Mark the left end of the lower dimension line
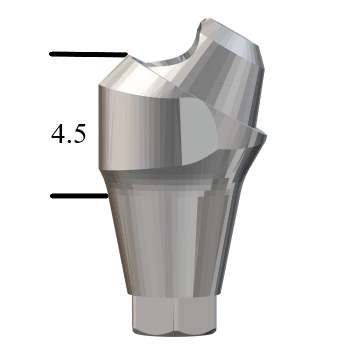pos(52,196)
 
